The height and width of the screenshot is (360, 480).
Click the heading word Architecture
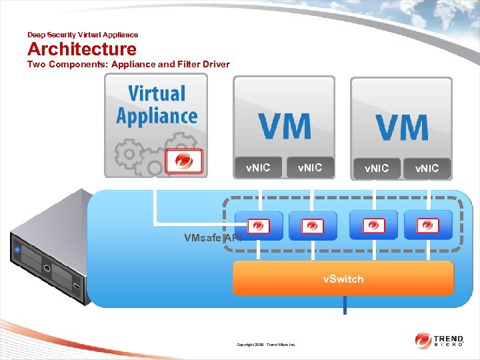[x=81, y=49]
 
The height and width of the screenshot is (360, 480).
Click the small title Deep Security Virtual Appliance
[x=83, y=35]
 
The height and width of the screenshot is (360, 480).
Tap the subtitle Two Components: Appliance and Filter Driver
[x=128, y=65]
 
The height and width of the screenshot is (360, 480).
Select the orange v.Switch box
[x=343, y=279]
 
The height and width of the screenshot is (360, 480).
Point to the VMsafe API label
[x=213, y=237]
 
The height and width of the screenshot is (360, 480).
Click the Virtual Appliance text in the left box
[x=157, y=105]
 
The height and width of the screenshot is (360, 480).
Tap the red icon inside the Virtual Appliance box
[x=183, y=161]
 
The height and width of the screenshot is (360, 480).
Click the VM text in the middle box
[x=285, y=127]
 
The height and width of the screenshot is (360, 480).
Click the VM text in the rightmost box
[x=401, y=127]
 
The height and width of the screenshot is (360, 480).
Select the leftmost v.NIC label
[x=258, y=167]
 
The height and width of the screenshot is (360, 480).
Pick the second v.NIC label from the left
[x=310, y=167]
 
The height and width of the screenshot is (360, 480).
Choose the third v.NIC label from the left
[x=376, y=168]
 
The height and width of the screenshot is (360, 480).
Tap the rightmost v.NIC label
[x=427, y=168]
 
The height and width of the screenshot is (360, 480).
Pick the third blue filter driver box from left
[x=373, y=225]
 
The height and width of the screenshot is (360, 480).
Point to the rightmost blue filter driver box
[x=427, y=225]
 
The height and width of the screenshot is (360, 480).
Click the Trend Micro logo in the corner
[x=439, y=341]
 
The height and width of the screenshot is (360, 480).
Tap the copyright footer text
[x=267, y=345]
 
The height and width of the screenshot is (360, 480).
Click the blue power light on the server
[x=17, y=251]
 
